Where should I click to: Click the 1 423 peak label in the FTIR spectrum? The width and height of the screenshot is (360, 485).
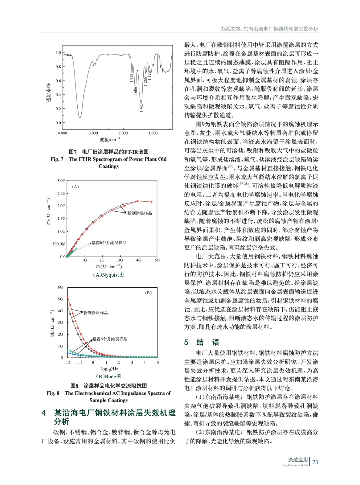(x=141, y=108)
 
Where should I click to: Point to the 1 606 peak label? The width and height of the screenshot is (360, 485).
(x=136, y=91)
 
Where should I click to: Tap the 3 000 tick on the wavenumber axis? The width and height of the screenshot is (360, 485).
(x=93, y=133)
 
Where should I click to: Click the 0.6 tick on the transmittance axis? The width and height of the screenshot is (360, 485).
(x=58, y=81)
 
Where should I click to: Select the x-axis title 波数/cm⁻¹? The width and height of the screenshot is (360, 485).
(x=109, y=140)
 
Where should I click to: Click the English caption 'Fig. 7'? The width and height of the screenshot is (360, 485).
(x=57, y=159)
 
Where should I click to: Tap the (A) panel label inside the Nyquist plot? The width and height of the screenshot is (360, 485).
(x=75, y=187)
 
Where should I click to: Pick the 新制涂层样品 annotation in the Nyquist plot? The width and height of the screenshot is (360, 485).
(x=140, y=213)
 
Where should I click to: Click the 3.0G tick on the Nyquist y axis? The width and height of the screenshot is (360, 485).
(x=61, y=181)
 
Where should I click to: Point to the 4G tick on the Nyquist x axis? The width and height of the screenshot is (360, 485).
(x=138, y=260)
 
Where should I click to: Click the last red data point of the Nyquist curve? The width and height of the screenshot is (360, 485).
(x=152, y=202)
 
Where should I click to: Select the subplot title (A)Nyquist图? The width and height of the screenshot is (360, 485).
(x=108, y=275)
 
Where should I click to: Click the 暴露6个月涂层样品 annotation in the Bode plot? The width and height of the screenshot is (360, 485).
(x=110, y=339)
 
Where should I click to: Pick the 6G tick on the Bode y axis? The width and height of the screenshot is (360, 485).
(x=60, y=287)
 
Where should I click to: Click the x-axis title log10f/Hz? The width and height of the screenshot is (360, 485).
(x=109, y=369)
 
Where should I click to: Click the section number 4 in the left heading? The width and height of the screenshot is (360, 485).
(x=44, y=413)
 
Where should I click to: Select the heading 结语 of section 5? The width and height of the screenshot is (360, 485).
(x=208, y=342)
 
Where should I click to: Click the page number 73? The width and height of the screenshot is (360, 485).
(x=315, y=462)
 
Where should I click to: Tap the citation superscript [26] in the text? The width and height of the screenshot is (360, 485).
(x=230, y=166)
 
